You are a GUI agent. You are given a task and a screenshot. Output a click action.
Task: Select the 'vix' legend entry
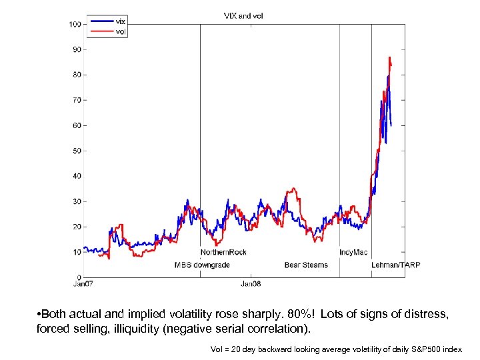pos(120,21)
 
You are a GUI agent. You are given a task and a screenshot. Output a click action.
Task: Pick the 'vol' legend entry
pos(120,31)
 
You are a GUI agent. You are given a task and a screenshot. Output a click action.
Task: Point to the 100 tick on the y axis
pos(75,24)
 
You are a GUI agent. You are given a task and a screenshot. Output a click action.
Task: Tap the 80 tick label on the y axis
pos(77,75)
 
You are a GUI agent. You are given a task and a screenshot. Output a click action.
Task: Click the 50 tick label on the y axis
pos(77,151)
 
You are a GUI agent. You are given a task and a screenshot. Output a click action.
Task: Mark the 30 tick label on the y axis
pos(77,201)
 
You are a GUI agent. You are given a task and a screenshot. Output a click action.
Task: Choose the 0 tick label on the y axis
pos(79,277)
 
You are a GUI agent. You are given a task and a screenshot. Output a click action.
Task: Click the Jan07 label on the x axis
pos(84,285)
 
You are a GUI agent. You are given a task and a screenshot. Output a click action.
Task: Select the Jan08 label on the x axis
pos(251,285)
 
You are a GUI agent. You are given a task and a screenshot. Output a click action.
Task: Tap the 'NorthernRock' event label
pos(223,252)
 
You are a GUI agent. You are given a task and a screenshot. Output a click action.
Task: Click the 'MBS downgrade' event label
pos(202,265)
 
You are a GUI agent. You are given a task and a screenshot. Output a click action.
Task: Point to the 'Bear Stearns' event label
pos(306,265)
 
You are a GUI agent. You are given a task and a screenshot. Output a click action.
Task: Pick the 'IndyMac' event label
pos(353,252)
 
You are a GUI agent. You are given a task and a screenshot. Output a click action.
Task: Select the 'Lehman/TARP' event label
pos(395,265)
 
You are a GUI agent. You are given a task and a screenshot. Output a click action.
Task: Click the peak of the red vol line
pos(389,58)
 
